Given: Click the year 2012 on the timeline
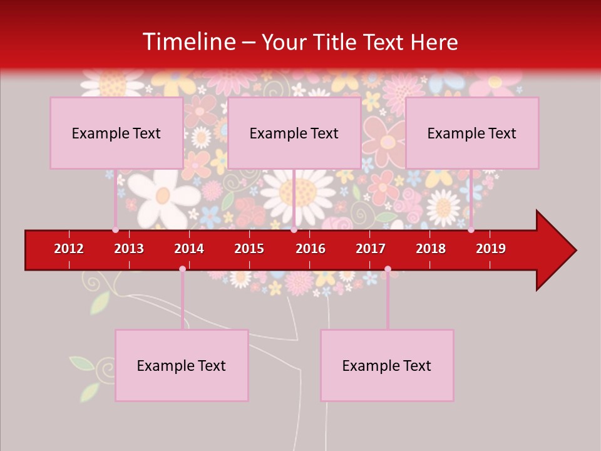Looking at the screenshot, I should pyautogui.click(x=69, y=249).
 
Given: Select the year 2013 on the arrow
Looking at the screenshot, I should pyautogui.click(x=129, y=249).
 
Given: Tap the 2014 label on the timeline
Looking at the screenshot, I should pyautogui.click(x=189, y=249).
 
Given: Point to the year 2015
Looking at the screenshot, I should pyautogui.click(x=249, y=249).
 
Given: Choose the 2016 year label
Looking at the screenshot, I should pyautogui.click(x=311, y=249).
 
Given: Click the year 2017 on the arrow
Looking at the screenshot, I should pyautogui.click(x=371, y=249).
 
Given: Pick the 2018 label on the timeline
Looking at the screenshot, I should pyautogui.click(x=431, y=249).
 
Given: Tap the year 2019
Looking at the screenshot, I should pyautogui.click(x=491, y=249).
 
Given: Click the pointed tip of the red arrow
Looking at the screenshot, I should pyautogui.click(x=575, y=251).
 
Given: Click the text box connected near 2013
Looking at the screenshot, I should pyautogui.click(x=116, y=133).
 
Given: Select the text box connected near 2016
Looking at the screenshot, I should pyautogui.click(x=294, y=133).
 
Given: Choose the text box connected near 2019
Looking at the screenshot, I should pyautogui.click(x=472, y=133).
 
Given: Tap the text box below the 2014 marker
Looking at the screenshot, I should pyautogui.click(x=182, y=365).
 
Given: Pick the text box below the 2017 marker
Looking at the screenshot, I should pyautogui.click(x=387, y=365).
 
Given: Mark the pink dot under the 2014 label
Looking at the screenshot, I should pyautogui.click(x=182, y=269).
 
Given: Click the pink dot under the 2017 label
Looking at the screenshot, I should pyautogui.click(x=388, y=269).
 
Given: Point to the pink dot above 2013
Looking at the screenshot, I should pyautogui.click(x=115, y=230).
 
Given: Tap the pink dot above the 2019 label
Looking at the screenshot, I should pyautogui.click(x=471, y=230).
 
